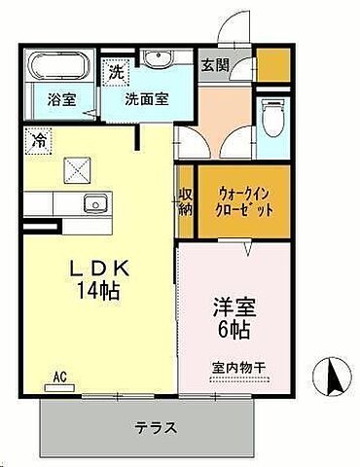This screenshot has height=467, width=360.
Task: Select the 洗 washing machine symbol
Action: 116,71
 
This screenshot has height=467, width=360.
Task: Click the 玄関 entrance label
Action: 216,67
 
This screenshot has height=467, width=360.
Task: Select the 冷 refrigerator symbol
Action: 37,140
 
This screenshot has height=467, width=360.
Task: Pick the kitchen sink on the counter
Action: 95,203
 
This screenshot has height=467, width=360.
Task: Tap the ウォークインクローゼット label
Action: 245,201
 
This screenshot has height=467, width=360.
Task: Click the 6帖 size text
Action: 234,331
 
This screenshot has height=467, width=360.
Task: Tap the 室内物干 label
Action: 237,368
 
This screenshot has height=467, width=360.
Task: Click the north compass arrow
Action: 335,375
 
